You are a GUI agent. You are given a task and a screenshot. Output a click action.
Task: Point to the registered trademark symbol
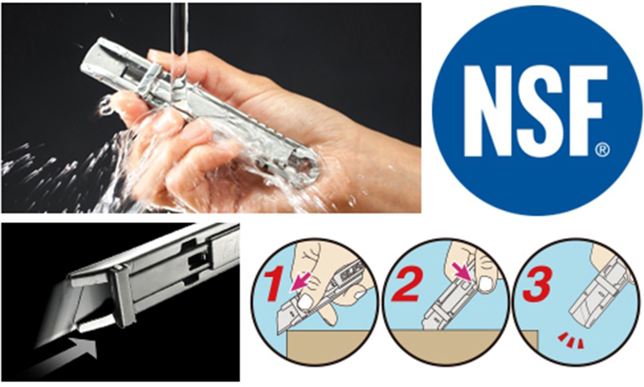click(602, 151)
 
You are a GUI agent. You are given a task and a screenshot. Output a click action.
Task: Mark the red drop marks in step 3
click(571, 341)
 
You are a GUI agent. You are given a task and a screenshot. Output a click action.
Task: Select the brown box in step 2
click(447, 345)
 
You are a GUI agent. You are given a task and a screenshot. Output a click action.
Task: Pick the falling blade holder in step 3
click(595, 301)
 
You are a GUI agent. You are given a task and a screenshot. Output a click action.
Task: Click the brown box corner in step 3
click(537, 331)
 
